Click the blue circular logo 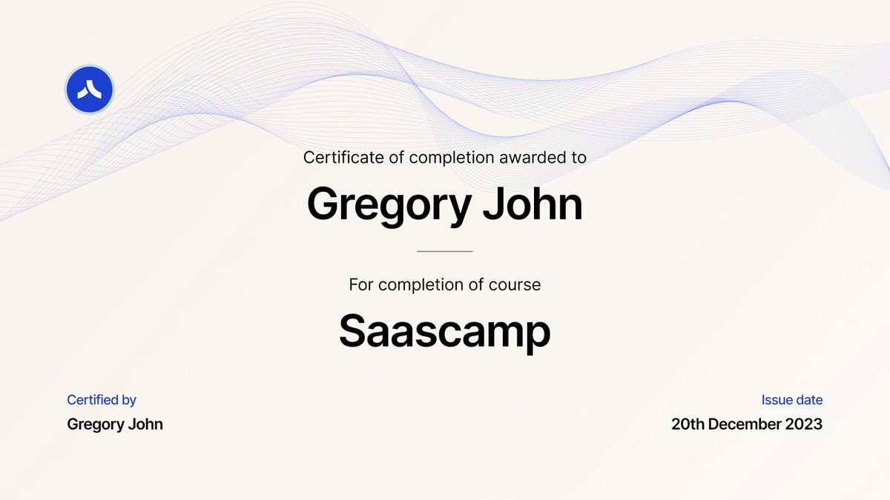point(89,90)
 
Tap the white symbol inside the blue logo point(89,90)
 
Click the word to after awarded point(578,157)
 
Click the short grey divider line point(445,251)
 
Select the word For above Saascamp point(360,284)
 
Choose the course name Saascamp point(445,332)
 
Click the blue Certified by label point(102,400)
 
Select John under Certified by point(146,424)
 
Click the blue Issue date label point(791,400)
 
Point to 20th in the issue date point(688,424)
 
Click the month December point(746,424)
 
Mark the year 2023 point(806,424)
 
